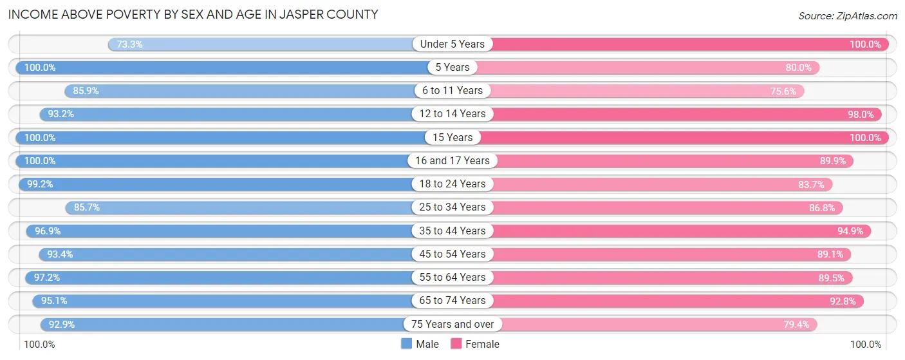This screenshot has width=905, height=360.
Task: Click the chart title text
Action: click(x=193, y=14)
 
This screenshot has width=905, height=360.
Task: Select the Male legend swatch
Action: click(x=406, y=344)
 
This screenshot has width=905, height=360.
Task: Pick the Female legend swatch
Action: click(x=456, y=344)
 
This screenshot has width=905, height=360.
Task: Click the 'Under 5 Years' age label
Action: click(x=452, y=44)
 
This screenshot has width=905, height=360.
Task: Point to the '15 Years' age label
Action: click(x=452, y=137)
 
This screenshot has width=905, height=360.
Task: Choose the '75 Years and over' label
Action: click(x=452, y=324)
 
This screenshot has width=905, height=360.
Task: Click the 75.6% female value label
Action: click(x=783, y=91)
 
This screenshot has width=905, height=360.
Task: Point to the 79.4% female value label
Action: click(x=796, y=324)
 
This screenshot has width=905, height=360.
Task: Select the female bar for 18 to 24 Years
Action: click(x=644, y=184)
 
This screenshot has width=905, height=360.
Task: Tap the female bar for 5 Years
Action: click(x=644, y=68)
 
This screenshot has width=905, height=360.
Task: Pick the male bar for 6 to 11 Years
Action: click(x=257, y=91)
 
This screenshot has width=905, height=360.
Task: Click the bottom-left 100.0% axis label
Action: click(x=40, y=345)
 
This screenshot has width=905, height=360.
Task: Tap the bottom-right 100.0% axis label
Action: click(x=865, y=345)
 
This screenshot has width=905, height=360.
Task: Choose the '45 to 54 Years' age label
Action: click(x=452, y=254)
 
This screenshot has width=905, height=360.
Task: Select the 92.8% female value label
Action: click(x=843, y=301)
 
